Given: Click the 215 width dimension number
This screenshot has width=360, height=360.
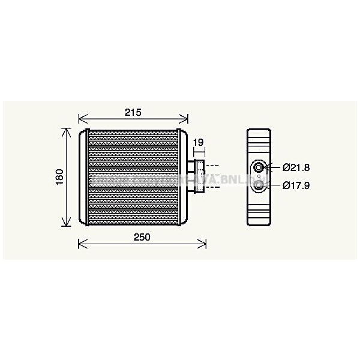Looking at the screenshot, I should coord(133,112).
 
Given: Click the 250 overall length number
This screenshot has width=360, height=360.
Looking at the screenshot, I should coord(142,237).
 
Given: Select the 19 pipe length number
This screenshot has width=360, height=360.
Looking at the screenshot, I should coord(198,142).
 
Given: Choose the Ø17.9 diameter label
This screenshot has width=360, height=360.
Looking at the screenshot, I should coord(296,185).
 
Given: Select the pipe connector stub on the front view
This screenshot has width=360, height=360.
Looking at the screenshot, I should coord(197,176).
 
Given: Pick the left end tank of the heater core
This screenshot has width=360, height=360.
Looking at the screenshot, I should coord(82,178).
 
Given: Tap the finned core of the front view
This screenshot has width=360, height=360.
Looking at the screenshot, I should coord(133,178).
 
